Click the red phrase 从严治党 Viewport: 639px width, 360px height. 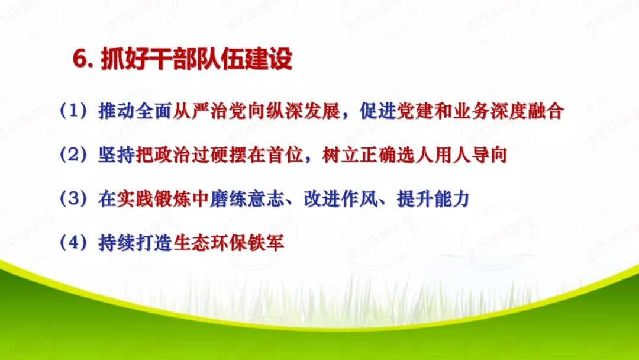(203, 112)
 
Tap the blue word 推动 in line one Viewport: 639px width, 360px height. (117, 112)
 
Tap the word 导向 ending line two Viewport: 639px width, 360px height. (490, 156)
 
